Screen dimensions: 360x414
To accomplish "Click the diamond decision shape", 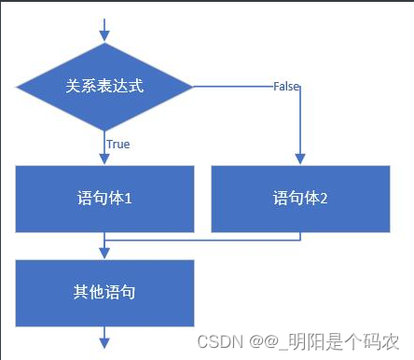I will tap(104, 87).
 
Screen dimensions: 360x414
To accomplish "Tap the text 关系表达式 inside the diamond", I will tap(104, 86).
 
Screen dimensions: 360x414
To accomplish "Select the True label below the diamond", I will tap(117, 145).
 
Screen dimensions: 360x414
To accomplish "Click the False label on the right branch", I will tap(285, 86).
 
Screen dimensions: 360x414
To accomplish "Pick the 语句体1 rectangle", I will tap(104, 199).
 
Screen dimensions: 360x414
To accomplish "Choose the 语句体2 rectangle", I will tap(299, 199).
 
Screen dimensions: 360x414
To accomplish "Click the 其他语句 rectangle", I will tap(104, 292).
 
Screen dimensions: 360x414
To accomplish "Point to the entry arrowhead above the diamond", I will tap(104, 36).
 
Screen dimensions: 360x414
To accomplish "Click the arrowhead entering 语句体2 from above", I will tap(299, 159).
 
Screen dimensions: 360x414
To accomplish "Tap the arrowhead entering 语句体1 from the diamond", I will tap(104, 159).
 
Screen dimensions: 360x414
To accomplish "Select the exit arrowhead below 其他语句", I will tap(104, 344).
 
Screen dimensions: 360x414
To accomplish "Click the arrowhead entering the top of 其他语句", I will tap(104, 254).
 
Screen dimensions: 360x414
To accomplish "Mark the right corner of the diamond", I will tap(192, 87).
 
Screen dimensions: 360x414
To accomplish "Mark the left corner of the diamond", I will tap(17, 87).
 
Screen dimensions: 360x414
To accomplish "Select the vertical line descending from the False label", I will tap(299, 121).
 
